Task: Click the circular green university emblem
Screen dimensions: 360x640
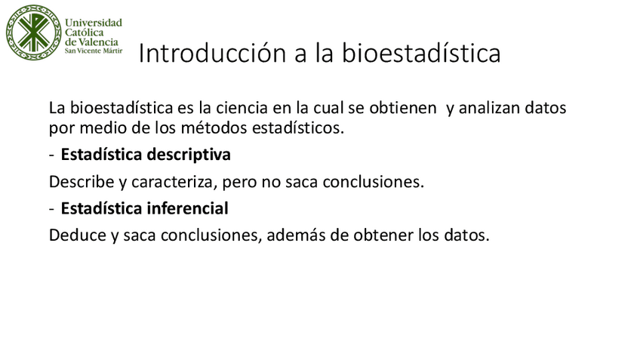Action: point(32,33)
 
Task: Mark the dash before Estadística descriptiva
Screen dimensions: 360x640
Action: point(51,155)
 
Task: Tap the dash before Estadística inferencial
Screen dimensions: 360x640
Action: point(51,208)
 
